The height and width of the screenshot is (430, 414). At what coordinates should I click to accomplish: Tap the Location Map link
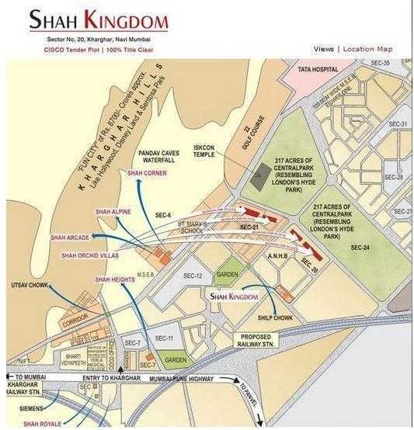pyautogui.click(x=367, y=49)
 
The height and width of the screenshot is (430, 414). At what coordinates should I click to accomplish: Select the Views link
pyautogui.click(x=324, y=49)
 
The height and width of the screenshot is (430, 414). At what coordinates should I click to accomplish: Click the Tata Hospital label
pyautogui.click(x=318, y=69)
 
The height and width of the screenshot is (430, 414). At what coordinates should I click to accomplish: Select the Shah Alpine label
pyautogui.click(x=113, y=211)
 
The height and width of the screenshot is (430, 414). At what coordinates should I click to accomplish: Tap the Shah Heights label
pyautogui.click(x=113, y=279)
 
